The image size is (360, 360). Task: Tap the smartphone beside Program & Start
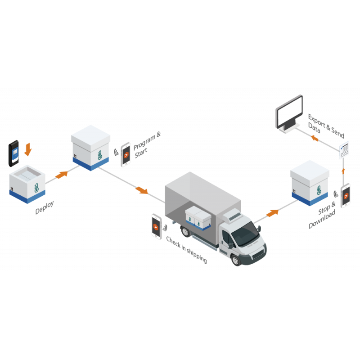pyautogui.click(x=126, y=154)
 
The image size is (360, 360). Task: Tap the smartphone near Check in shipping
pyautogui.click(x=156, y=226)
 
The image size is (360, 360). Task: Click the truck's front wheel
pyautogui.click(x=235, y=260)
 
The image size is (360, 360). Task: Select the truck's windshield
pyautogui.click(x=246, y=233)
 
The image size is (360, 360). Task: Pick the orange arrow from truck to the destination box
pyautogui.click(x=271, y=212)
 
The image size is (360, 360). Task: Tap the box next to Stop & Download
pyautogui.click(x=309, y=182)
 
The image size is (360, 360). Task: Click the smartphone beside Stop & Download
pyautogui.click(x=345, y=195)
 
